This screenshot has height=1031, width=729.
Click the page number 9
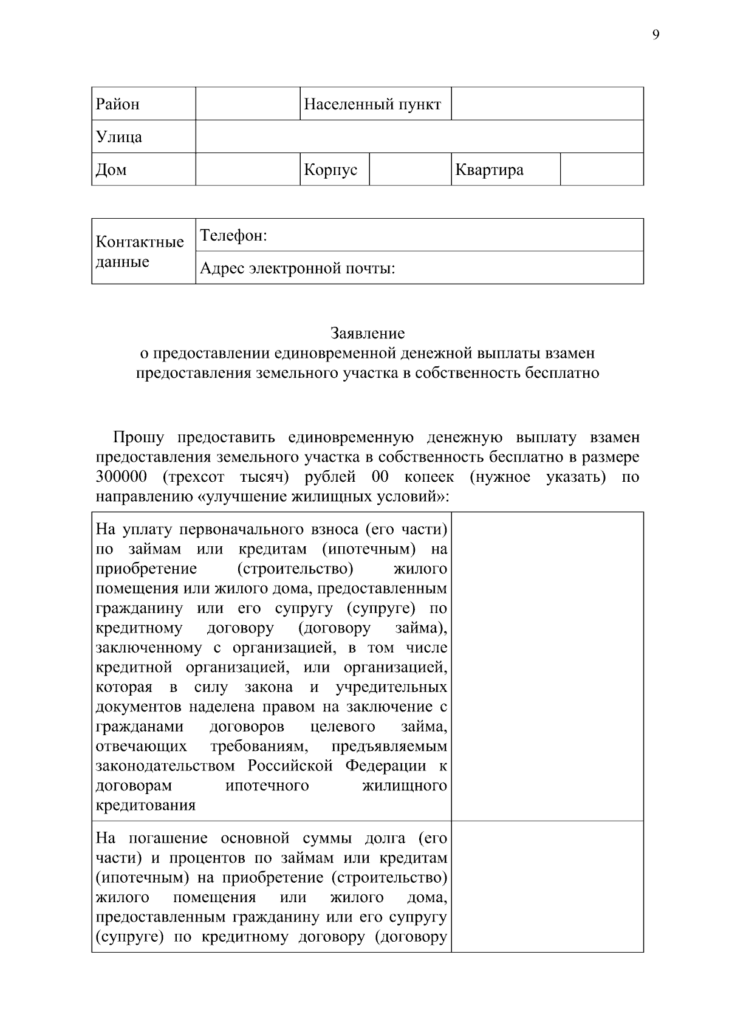click(x=655, y=35)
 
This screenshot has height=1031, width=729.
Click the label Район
click(x=118, y=104)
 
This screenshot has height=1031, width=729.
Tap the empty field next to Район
click(x=248, y=104)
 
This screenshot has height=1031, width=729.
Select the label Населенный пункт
click(x=372, y=104)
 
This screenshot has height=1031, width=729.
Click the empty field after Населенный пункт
click(x=547, y=104)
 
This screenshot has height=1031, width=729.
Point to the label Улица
click(x=119, y=137)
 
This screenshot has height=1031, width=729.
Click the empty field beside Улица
click(x=419, y=137)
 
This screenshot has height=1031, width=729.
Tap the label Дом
click(x=112, y=170)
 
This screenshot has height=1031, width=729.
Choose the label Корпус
click(x=330, y=170)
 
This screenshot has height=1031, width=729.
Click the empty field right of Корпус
click(x=410, y=170)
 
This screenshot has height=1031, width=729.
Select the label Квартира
click(x=489, y=170)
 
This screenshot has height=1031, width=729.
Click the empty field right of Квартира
click(x=601, y=170)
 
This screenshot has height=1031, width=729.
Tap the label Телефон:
click(x=234, y=235)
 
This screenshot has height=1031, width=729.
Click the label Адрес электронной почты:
click(x=298, y=268)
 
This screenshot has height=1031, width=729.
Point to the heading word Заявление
click(x=368, y=333)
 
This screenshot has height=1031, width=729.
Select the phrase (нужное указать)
click(x=538, y=477)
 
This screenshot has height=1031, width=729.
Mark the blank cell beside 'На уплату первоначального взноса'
click(x=547, y=666)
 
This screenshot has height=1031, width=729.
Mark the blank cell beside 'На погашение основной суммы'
click(x=547, y=886)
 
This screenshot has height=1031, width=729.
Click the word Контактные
click(x=140, y=242)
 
